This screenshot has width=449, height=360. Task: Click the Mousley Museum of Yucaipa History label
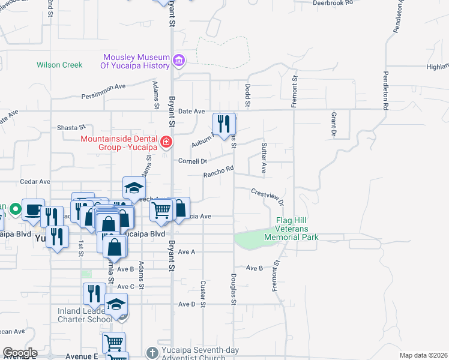click(135, 61)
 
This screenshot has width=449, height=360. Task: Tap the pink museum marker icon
click(178, 60)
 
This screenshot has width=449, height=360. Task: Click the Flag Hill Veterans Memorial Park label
click(297, 229)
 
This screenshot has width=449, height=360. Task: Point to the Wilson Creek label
click(59, 65)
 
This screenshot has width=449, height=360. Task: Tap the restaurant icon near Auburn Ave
click(224, 125)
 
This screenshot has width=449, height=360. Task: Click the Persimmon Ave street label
click(103, 91)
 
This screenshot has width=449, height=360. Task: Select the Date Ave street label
click(191, 111)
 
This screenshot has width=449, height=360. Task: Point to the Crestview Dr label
click(267, 197)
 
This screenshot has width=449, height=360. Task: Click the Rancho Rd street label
click(218, 172)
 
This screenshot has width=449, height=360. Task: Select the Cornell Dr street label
click(192, 161)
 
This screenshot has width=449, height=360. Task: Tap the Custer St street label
click(203, 293)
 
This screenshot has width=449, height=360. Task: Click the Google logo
click(19, 353)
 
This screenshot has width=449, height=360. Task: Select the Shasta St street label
click(71, 128)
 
